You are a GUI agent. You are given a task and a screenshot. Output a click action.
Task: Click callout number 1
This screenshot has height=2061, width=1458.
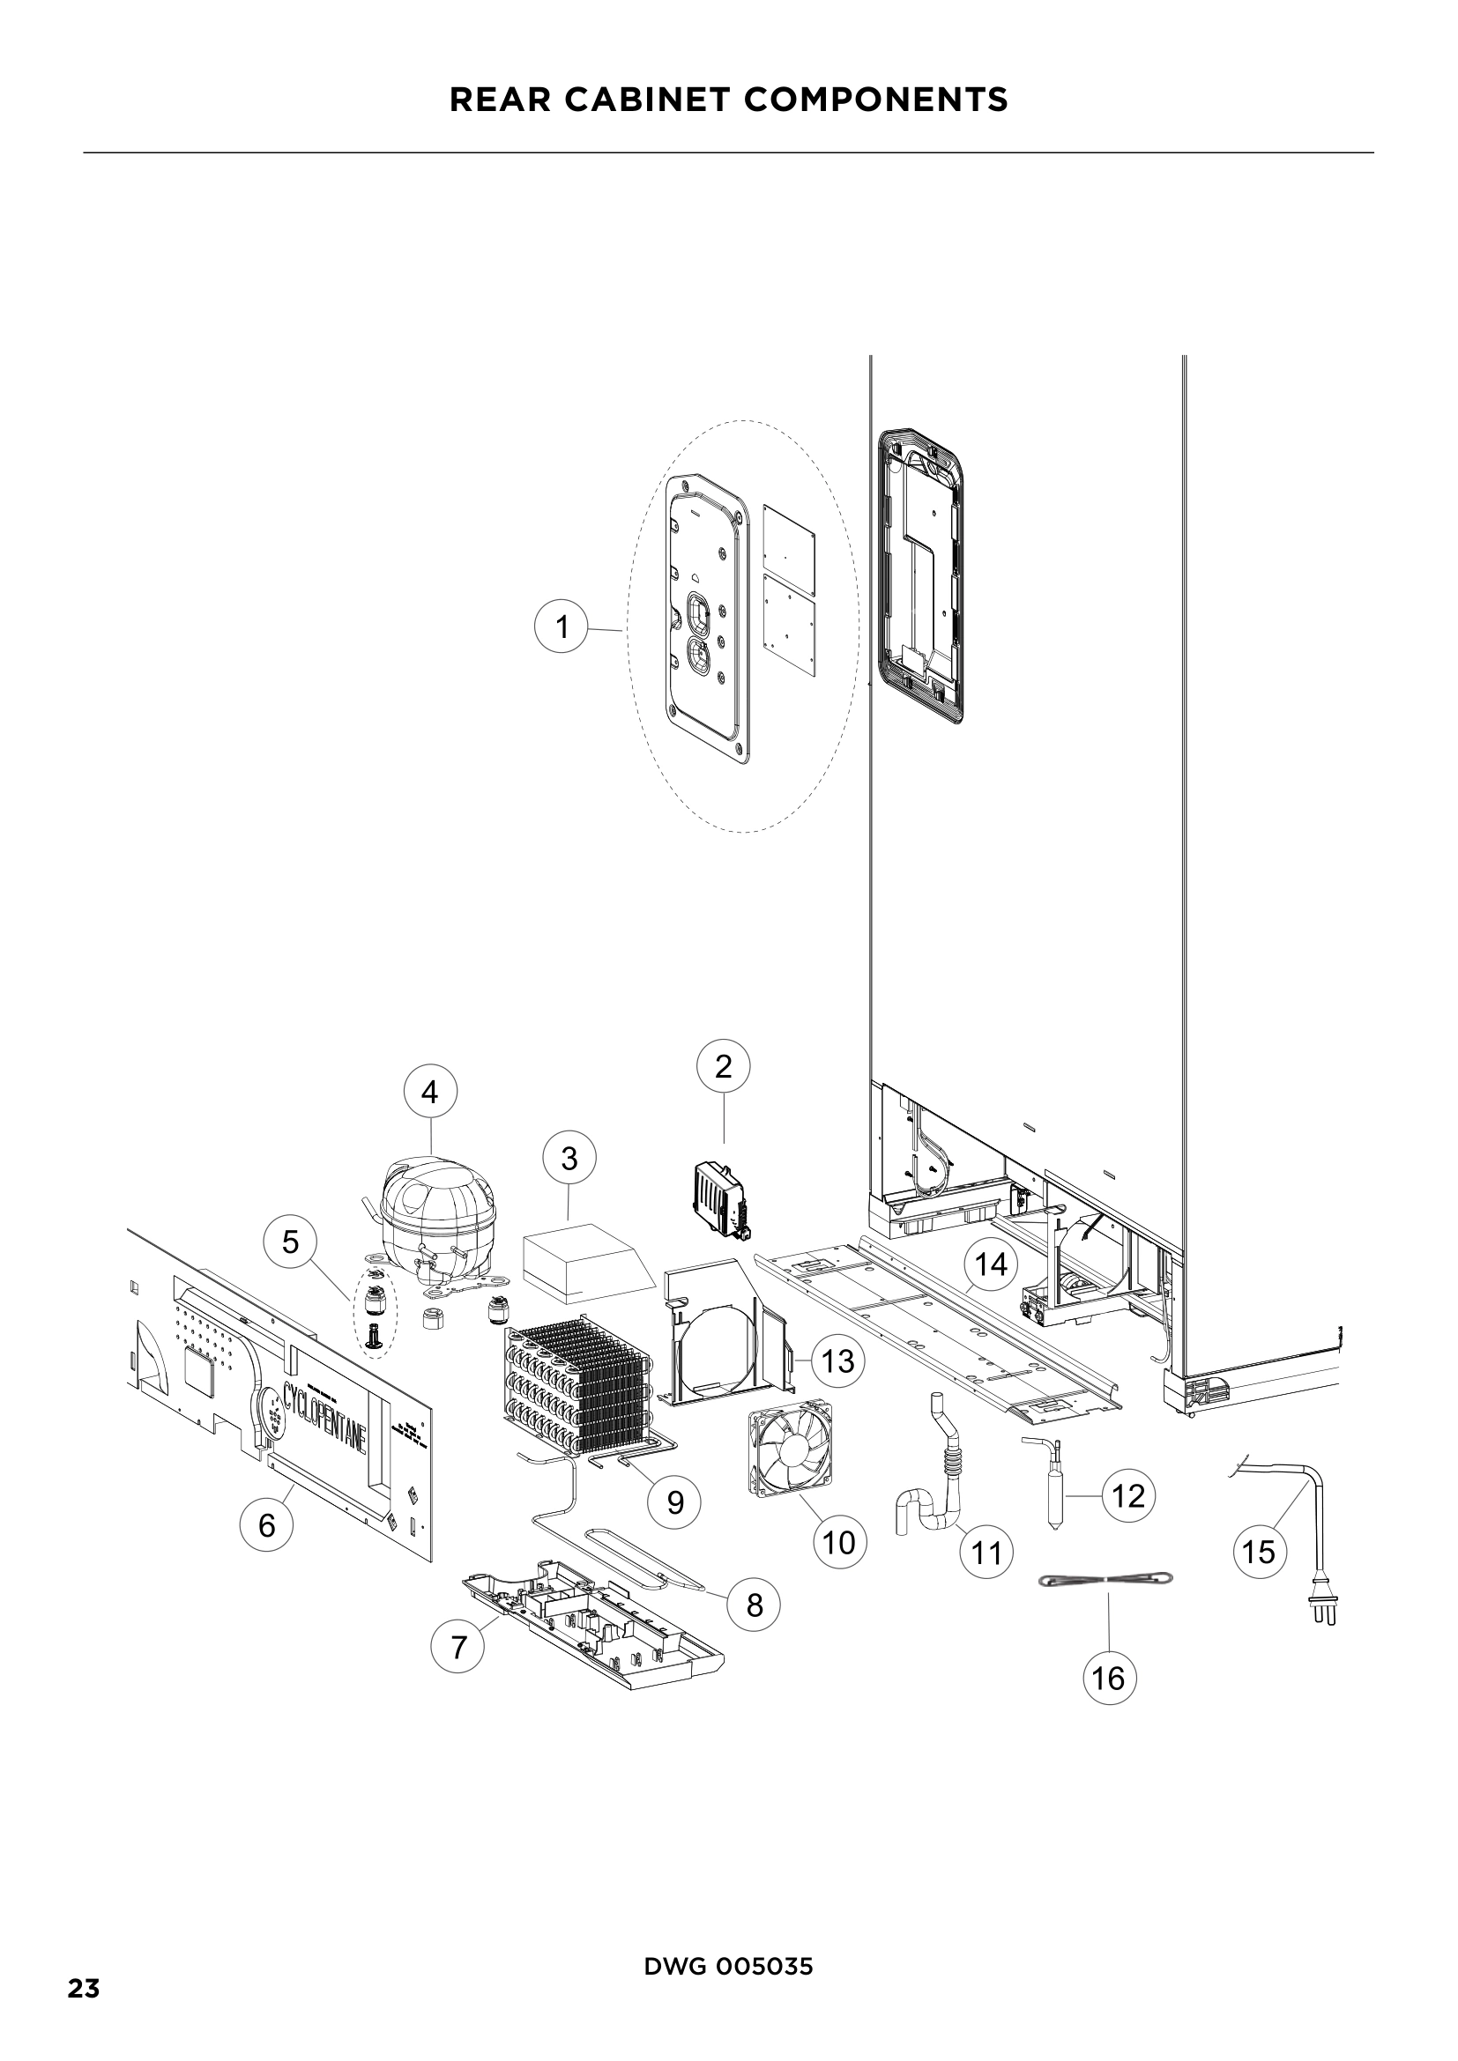[562, 626]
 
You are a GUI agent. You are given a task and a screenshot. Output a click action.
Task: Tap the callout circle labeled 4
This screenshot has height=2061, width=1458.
[430, 1093]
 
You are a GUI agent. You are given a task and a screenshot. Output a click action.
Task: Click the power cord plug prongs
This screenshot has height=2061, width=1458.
[1325, 1612]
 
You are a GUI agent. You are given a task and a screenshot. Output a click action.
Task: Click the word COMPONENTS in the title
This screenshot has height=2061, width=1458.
[875, 100]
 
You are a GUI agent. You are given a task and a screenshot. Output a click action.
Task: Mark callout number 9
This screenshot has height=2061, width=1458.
[675, 1501]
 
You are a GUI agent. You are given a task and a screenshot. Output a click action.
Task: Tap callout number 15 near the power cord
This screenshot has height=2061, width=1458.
[1259, 1550]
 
